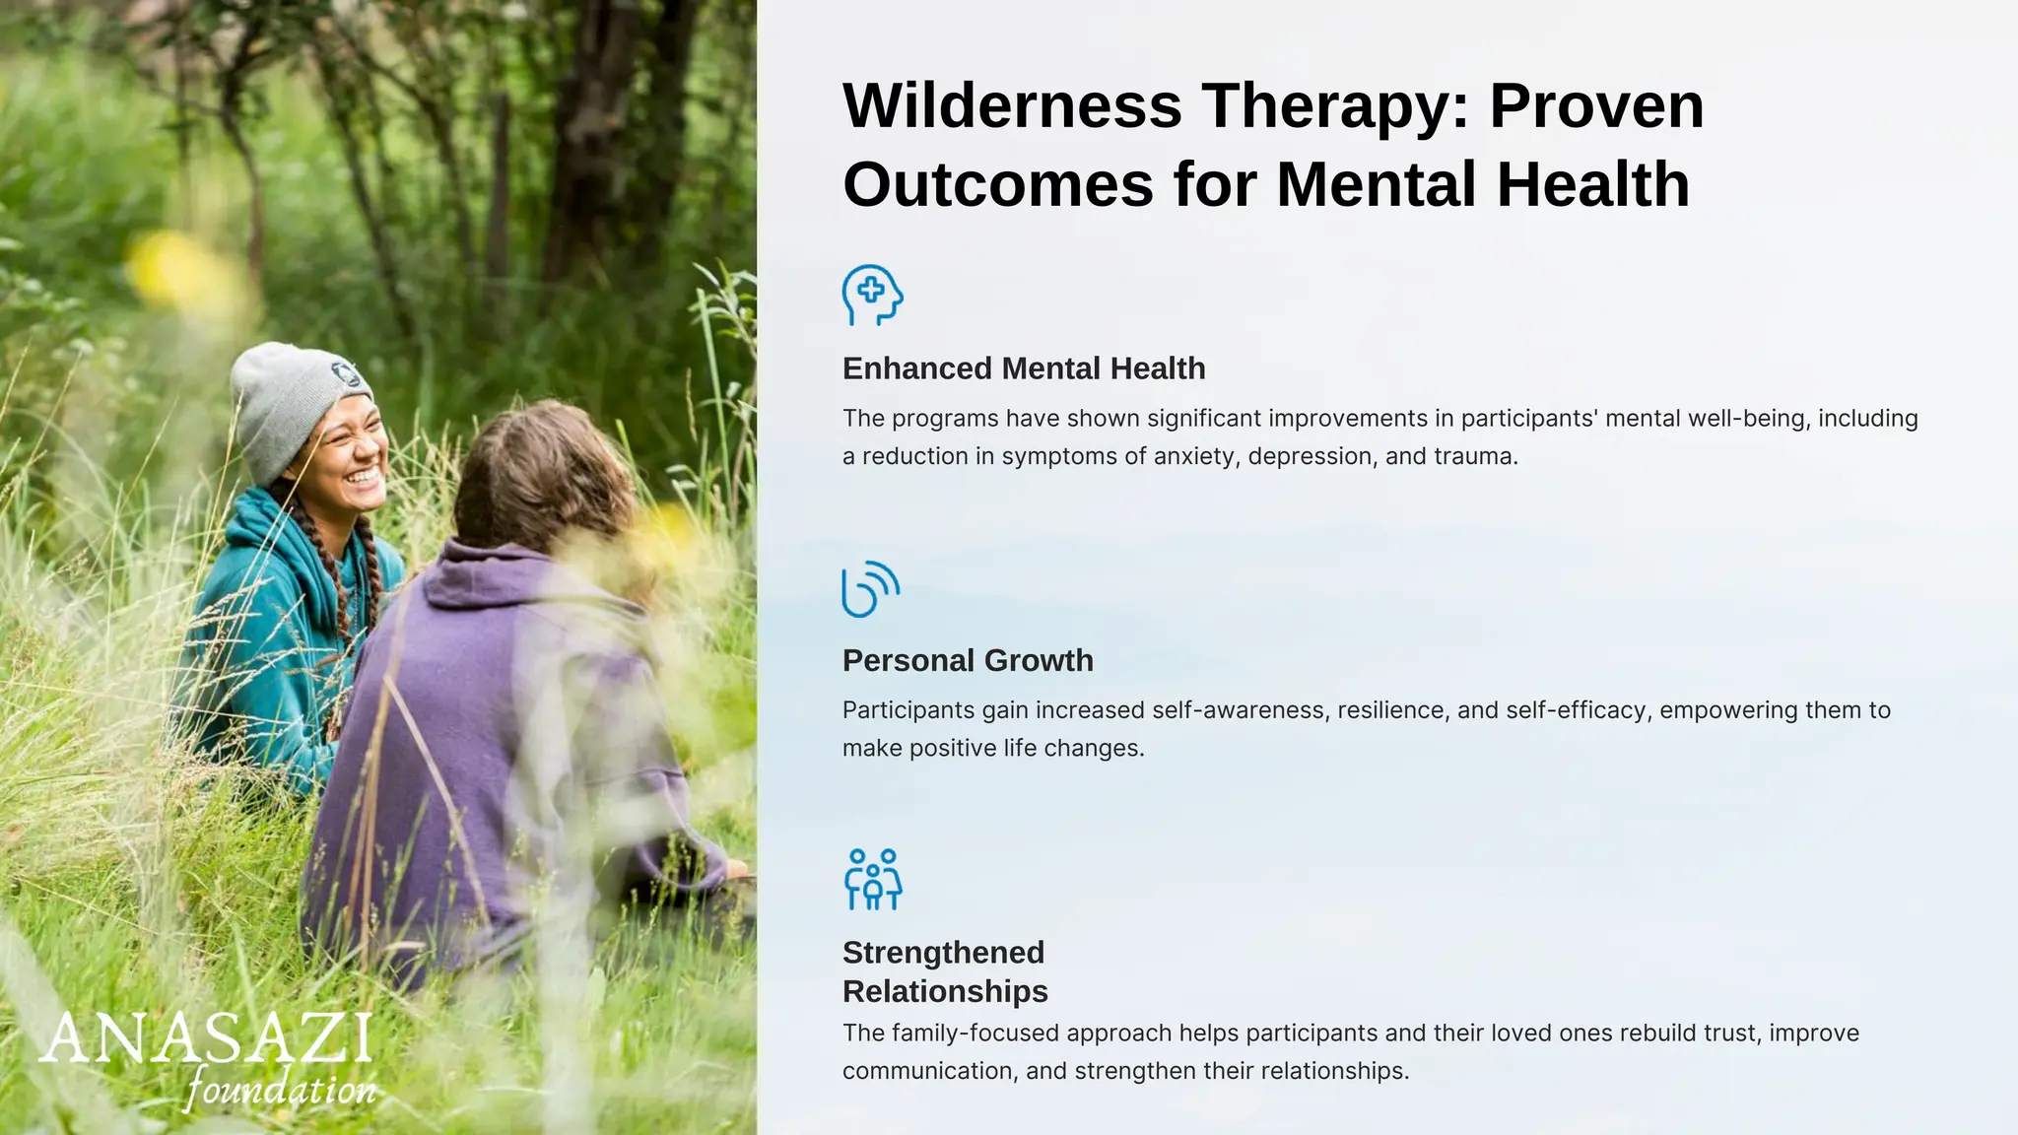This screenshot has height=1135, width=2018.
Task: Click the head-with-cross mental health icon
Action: [872, 295]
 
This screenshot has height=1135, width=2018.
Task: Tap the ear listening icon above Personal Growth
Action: [870, 589]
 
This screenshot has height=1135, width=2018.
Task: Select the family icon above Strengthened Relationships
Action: [873, 879]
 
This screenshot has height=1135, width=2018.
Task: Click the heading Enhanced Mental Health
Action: [1024, 368]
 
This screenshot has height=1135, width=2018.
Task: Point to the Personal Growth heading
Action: [968, 660]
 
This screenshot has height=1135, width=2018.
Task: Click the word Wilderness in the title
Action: [1012, 105]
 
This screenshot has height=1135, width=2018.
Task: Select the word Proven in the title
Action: [1596, 105]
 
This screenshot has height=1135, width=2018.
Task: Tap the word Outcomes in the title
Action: [998, 184]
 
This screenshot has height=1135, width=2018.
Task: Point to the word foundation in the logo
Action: [281, 1090]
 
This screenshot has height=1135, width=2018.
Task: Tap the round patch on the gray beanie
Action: [346, 374]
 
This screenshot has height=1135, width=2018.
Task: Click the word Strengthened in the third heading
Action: [943, 953]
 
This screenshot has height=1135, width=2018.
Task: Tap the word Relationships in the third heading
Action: [945, 991]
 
